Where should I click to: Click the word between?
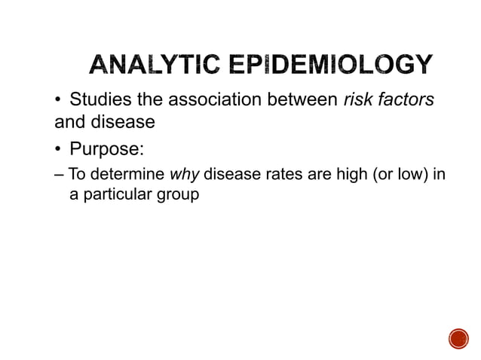point(296,101)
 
